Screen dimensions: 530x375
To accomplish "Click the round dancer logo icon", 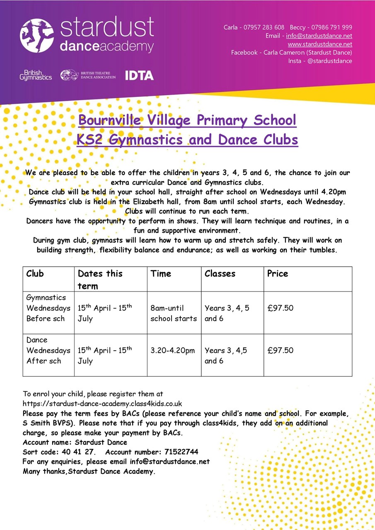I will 37,35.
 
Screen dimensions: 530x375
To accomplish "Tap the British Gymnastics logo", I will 36,75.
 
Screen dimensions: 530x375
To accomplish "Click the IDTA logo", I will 139,75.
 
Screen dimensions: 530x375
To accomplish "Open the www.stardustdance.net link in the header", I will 320,44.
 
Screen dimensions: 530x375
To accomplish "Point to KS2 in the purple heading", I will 90,140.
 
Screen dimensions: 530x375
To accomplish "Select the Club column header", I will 35,274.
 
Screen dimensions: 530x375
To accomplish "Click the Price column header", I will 278,274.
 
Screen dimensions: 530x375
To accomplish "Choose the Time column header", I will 161,274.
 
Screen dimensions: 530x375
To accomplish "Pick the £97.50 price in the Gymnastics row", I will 281,308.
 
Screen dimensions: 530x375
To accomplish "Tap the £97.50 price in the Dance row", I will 281,350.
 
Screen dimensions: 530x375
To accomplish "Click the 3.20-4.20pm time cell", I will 172,351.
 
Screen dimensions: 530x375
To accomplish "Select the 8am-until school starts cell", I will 174,313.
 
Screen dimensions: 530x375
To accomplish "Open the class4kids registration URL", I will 102,403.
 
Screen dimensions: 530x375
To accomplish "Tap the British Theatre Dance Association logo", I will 88,75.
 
